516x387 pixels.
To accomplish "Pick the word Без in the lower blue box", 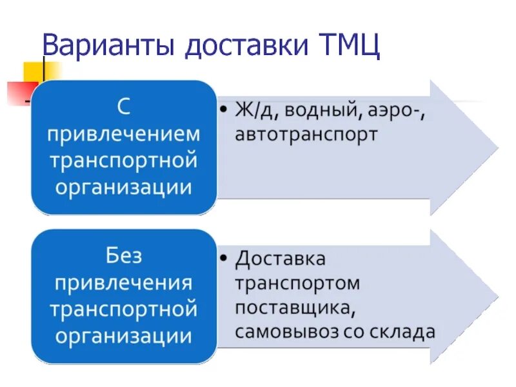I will (x=124, y=255).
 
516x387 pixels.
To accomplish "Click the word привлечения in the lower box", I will (x=124, y=283).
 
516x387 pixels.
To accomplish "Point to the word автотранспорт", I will (x=306, y=135).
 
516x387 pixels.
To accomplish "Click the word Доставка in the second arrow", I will (x=281, y=259).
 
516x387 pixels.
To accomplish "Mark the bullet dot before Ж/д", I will (x=223, y=110).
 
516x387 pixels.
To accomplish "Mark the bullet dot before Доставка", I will (x=223, y=259).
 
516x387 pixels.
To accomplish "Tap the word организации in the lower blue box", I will (x=124, y=335).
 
